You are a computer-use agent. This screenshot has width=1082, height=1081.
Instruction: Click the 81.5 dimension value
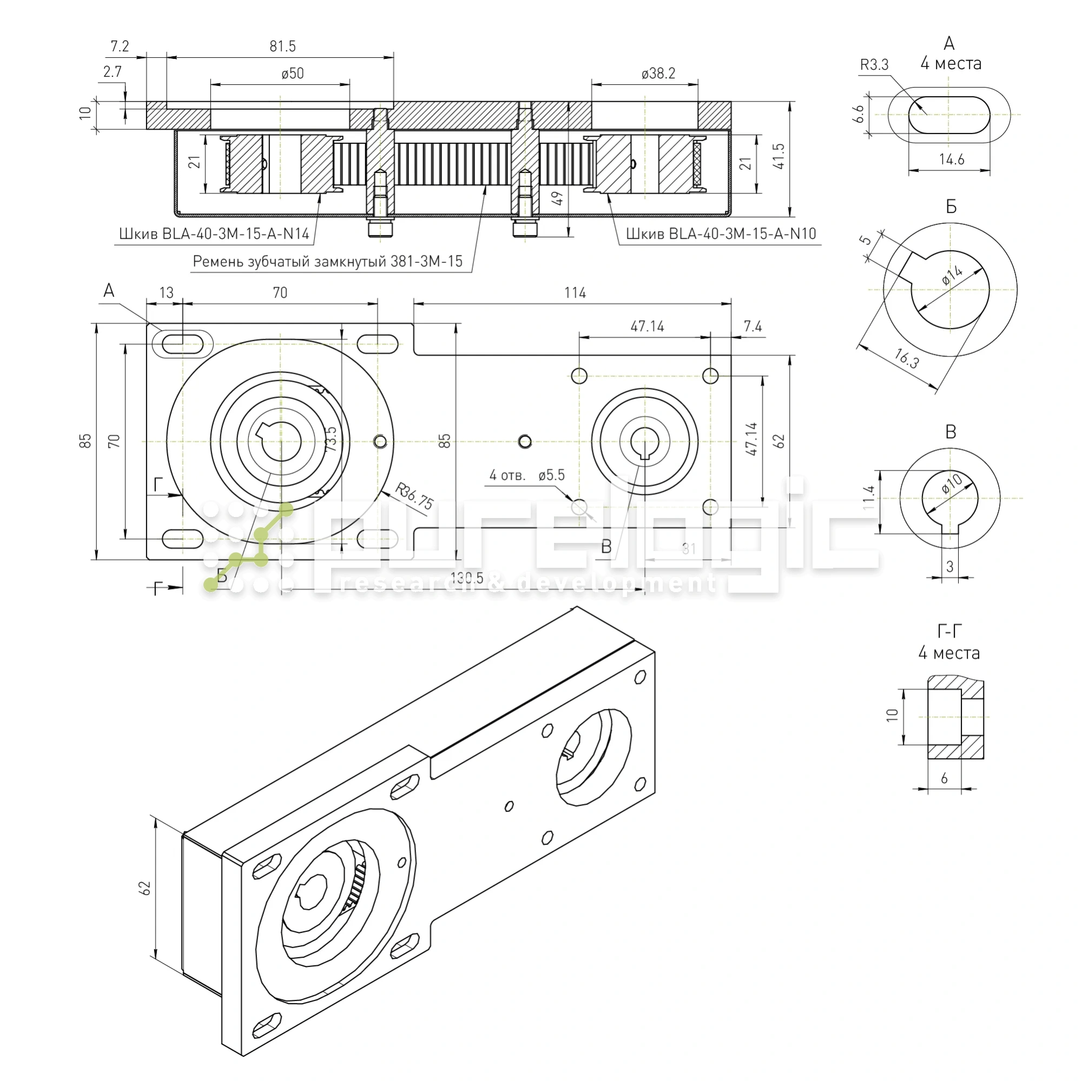pos(282,47)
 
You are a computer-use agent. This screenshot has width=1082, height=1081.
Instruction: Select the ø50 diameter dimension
pos(292,74)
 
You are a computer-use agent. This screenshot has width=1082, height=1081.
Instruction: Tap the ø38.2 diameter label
pos(658,74)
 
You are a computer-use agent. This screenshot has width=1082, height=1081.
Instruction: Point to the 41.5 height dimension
pos(779,156)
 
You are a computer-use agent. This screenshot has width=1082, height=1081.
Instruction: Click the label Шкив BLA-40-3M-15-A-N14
pos(214,234)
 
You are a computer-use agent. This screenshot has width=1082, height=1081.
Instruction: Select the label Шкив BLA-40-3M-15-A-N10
pos(721,234)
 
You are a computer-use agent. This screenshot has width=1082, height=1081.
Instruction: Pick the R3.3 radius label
pos(874,65)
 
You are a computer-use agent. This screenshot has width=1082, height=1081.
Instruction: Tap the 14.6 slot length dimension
pos(952,160)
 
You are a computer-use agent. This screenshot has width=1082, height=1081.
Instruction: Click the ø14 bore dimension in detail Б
pos(952,275)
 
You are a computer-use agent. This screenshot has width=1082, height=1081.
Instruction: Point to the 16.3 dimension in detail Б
pos(906,359)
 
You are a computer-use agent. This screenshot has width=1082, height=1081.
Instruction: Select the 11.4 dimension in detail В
pos(869,497)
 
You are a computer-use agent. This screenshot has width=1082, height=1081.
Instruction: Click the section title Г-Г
pos(949,632)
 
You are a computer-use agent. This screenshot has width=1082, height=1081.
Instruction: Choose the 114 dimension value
pos(575,293)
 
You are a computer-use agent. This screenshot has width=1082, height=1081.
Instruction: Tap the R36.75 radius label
pos(414,496)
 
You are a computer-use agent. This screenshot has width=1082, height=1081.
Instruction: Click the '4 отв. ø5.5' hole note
pos(526,476)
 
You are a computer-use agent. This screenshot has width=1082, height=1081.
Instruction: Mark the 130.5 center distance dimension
pos(466,578)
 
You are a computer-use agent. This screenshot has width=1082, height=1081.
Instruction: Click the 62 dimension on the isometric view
pos(145,888)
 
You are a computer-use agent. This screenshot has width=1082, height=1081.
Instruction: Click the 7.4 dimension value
pos(753,327)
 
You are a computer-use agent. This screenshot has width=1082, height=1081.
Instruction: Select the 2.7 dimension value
pos(113,72)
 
